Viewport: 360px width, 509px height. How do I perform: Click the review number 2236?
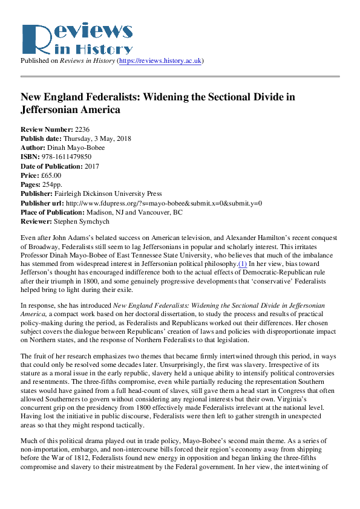coord(83,130)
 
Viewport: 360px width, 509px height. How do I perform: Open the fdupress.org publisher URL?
coord(164,203)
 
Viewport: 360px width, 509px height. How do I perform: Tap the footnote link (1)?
coord(243,264)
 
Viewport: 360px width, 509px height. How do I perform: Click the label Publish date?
coord(40,139)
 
